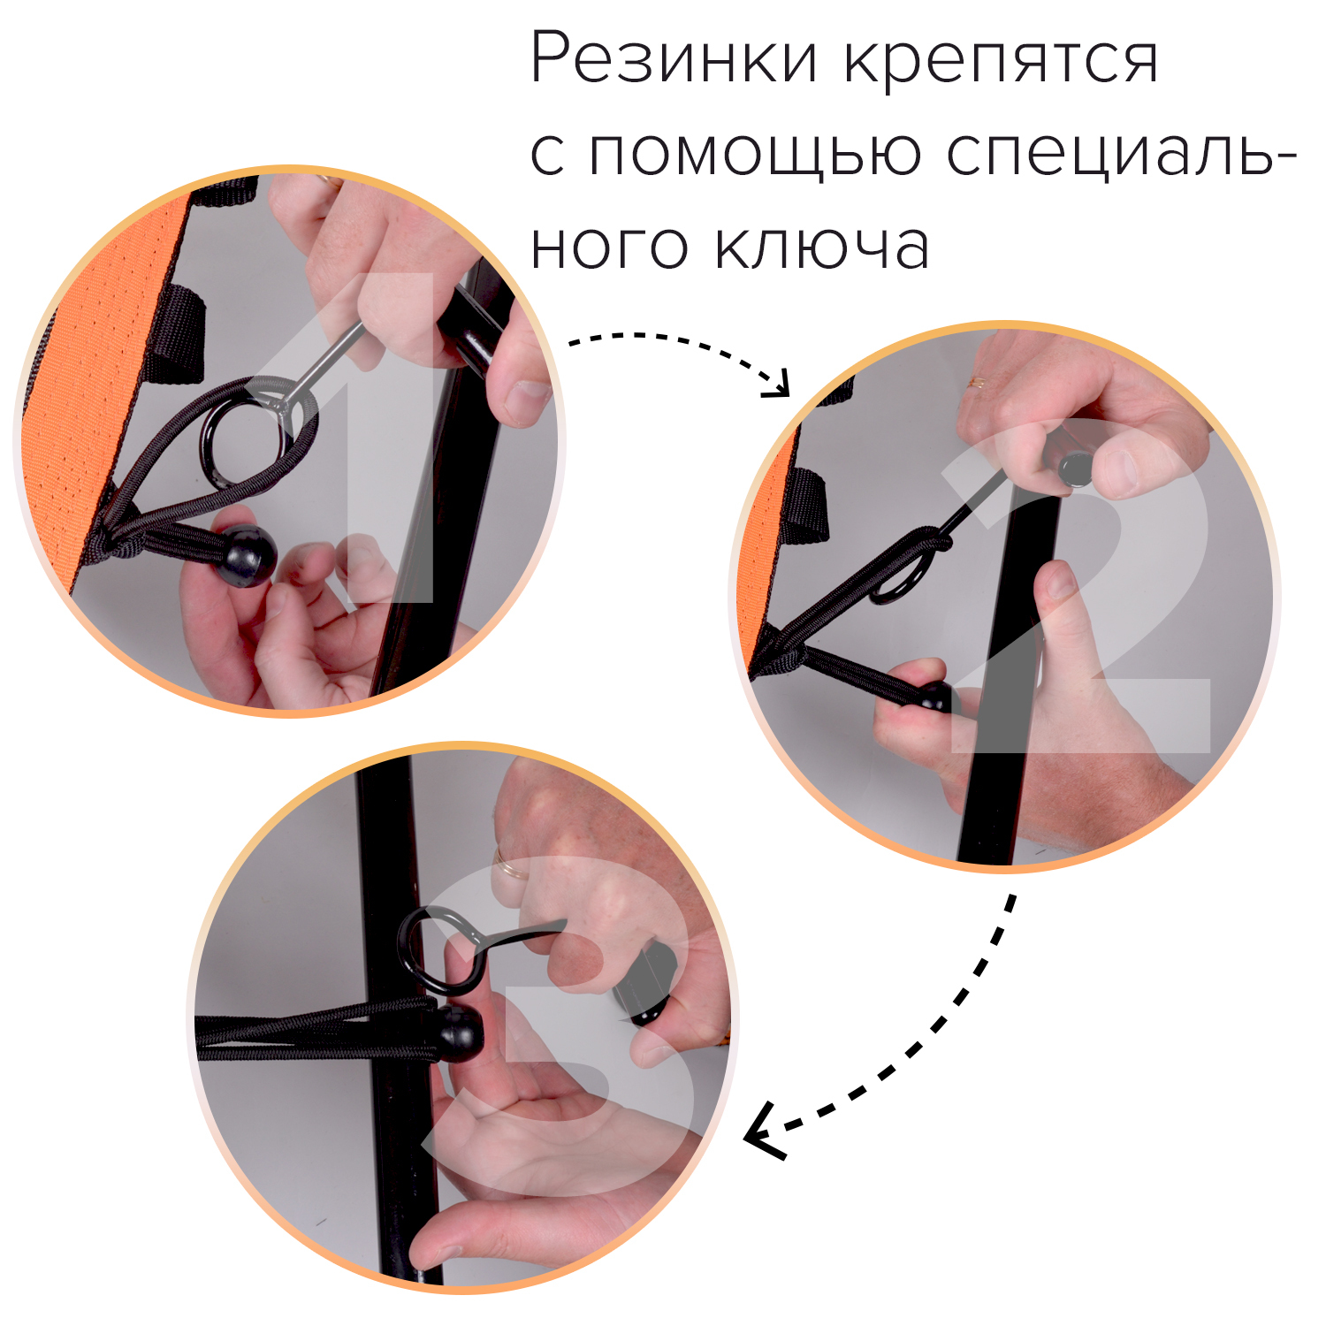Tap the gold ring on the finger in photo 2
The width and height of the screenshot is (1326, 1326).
[978, 383]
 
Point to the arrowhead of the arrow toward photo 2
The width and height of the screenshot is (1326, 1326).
[779, 386]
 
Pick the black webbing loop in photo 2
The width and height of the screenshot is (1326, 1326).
[805, 504]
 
